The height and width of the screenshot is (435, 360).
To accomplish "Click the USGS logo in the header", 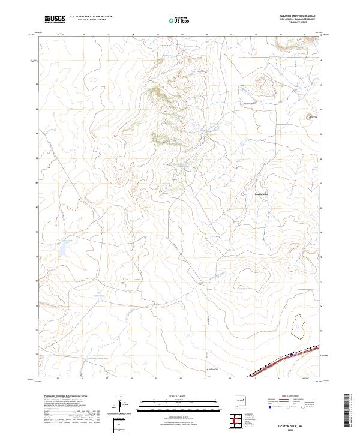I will (x=55, y=19).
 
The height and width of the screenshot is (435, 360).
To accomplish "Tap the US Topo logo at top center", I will (x=181, y=19).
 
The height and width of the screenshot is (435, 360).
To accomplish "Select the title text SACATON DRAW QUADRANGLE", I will (x=297, y=16).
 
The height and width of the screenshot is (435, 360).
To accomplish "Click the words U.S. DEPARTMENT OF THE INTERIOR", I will (x=92, y=16).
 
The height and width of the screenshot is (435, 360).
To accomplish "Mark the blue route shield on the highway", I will (x=292, y=355).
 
